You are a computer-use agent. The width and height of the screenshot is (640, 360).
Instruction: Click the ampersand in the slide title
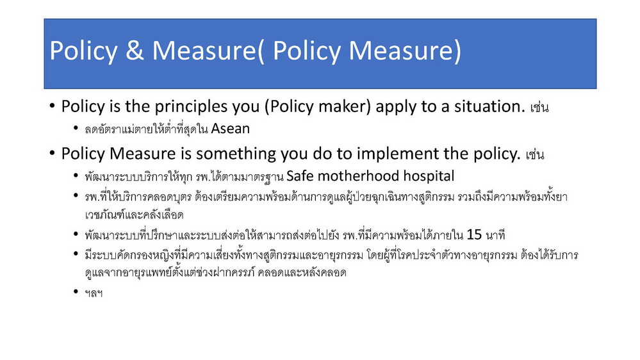pyautogui.click(x=135, y=50)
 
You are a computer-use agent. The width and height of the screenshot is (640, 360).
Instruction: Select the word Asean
pyautogui.click(x=230, y=129)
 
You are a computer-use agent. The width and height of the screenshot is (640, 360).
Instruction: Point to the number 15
pyautogui.click(x=474, y=234)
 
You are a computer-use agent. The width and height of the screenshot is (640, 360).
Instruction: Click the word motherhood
pyautogui.click(x=358, y=176)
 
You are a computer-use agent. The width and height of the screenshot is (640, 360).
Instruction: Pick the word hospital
pyautogui.click(x=429, y=176)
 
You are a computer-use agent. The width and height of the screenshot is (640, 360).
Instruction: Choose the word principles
pyautogui.click(x=192, y=107)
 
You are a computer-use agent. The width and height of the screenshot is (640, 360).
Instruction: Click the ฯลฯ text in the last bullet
pyautogui.click(x=94, y=293)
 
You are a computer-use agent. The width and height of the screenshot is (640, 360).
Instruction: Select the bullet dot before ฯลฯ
pyautogui.click(x=76, y=291)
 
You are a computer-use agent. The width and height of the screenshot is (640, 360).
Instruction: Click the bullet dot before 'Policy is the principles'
pyautogui.click(x=52, y=106)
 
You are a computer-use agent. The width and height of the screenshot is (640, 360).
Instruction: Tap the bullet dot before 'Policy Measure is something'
pyautogui.click(x=52, y=154)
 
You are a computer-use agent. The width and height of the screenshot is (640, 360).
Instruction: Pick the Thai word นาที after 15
pyautogui.click(x=495, y=235)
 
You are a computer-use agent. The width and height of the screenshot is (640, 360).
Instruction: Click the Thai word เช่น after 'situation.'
pyautogui.click(x=539, y=108)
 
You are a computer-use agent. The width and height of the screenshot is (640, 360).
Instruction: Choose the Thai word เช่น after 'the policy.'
pyautogui.click(x=535, y=154)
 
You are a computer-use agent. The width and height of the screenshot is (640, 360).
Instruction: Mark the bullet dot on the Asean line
pyautogui.click(x=76, y=127)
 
